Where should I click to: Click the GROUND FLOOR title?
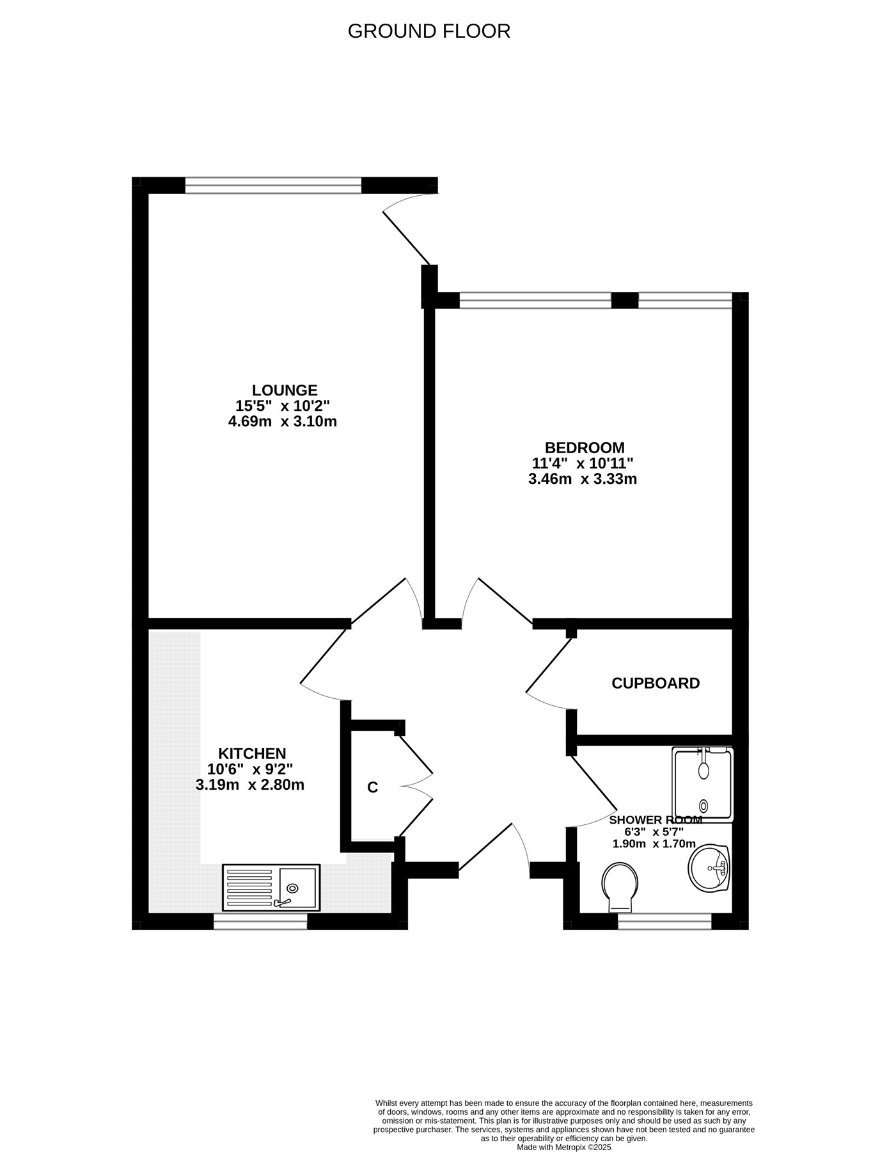pos(429,31)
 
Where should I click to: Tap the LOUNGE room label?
pos(285,390)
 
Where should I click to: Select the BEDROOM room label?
pos(585,447)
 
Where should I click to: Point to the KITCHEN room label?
pos(252,753)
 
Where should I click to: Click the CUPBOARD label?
pos(656,683)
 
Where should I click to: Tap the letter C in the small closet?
pos(373,788)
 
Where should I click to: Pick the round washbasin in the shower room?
pos(709,868)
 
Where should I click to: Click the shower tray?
pos(702,784)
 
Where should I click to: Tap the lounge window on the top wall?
pos(274,185)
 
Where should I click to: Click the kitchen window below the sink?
pos(260,921)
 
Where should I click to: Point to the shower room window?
pos(664,921)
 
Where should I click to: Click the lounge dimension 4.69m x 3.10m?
pos(283,421)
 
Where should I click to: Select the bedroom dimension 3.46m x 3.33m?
pos(583,479)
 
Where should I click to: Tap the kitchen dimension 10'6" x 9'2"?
pos(250,769)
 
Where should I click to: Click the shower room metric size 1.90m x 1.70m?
pos(654,844)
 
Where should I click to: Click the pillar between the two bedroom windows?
pos(625,300)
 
